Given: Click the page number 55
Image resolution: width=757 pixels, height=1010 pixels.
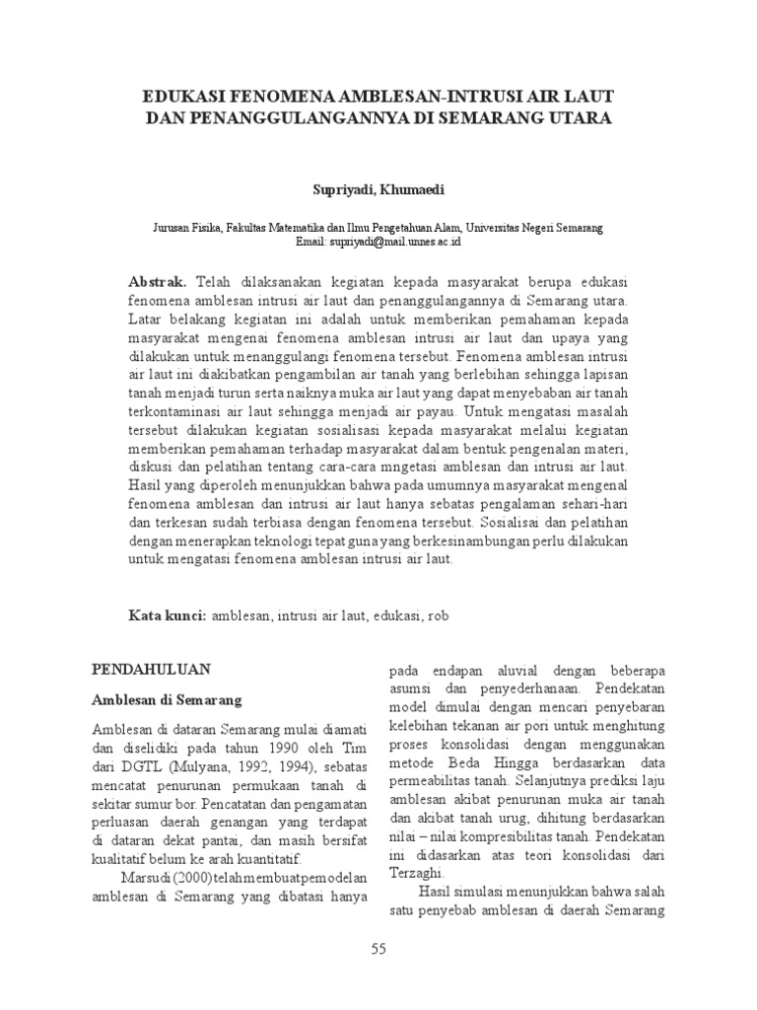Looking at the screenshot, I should click(378, 949).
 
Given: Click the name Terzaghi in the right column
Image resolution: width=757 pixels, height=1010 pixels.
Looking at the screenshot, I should click(417, 873).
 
